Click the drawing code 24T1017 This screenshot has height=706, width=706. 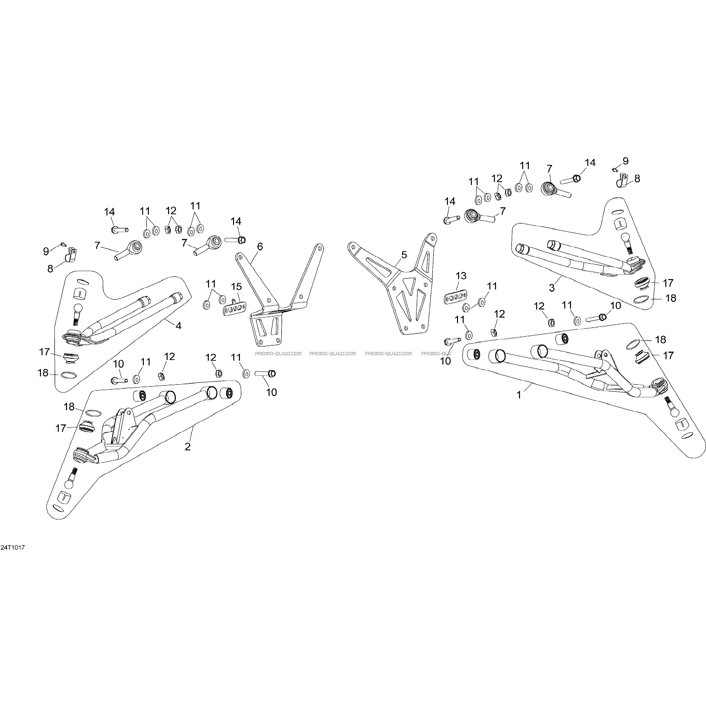(x=12, y=548)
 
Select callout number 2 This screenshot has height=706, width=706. (x=187, y=446)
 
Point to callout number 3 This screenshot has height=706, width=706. (x=552, y=288)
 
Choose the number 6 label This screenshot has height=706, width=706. (x=260, y=246)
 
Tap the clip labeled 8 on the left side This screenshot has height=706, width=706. (x=71, y=255)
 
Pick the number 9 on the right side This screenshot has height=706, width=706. (x=626, y=161)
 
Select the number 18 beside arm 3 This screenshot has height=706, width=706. (x=670, y=298)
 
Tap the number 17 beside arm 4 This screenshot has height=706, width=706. (x=45, y=352)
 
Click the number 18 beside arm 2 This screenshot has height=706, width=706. (x=69, y=406)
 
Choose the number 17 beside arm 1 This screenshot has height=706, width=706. (x=668, y=356)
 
